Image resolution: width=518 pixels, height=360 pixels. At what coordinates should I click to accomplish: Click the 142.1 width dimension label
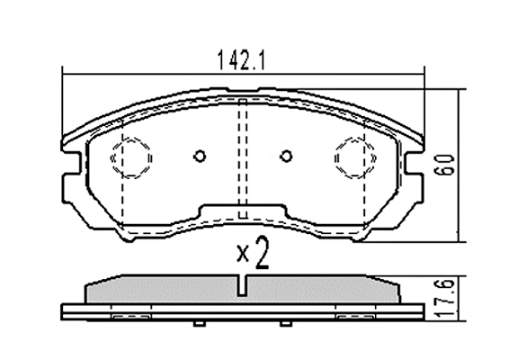point(241,60)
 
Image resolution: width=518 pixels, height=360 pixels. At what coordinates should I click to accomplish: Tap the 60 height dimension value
point(443,165)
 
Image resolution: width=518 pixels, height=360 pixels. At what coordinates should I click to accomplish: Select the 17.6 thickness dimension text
point(442,299)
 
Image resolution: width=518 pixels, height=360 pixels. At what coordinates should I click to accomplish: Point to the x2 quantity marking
point(254,253)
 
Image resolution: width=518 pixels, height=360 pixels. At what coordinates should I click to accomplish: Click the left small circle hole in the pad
point(200,156)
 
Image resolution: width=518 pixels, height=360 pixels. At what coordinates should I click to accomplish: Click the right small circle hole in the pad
point(286,156)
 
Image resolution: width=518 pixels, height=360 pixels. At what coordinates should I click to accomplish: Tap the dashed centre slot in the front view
point(243,158)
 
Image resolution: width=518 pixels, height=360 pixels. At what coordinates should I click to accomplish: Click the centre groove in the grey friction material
point(243,285)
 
